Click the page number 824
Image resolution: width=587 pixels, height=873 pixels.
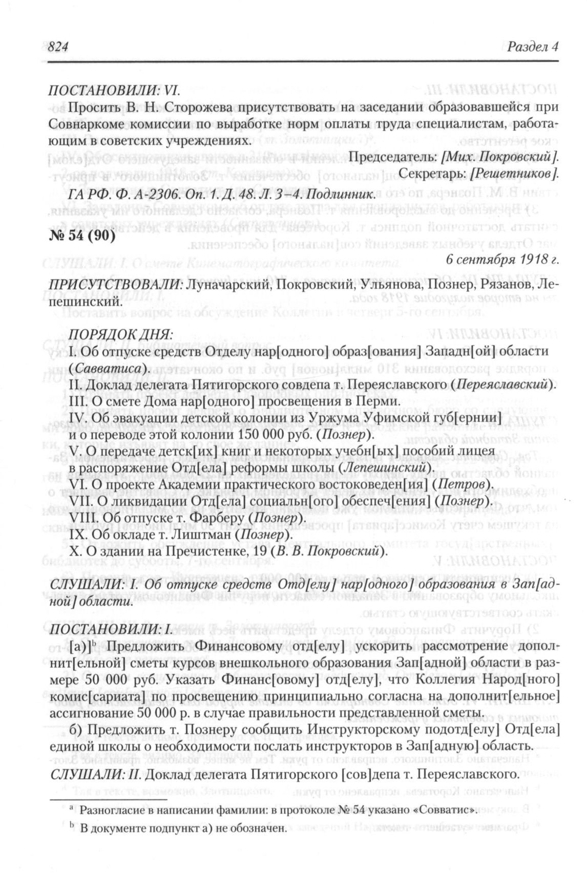[x=58, y=47]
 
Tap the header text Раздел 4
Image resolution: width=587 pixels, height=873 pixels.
[x=532, y=47]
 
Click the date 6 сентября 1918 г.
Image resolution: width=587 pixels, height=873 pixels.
[x=502, y=260]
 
